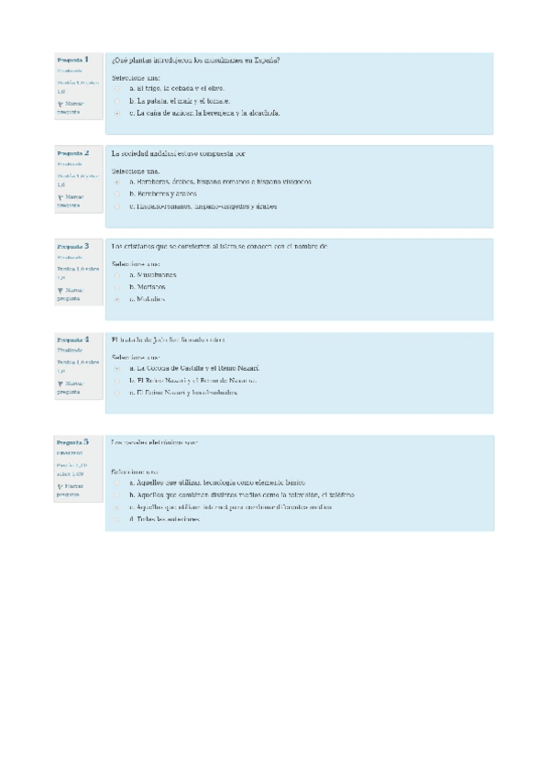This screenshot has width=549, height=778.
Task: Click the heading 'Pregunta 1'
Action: click(x=72, y=60)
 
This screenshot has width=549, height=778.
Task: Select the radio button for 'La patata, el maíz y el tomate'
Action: click(x=118, y=101)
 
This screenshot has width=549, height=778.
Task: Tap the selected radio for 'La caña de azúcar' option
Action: click(x=118, y=113)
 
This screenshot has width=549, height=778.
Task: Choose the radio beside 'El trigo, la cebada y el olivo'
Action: click(x=118, y=89)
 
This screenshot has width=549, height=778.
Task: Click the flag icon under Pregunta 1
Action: click(x=60, y=105)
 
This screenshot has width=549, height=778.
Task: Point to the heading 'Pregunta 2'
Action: click(x=72, y=153)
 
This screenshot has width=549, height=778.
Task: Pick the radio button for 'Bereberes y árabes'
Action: click(x=118, y=194)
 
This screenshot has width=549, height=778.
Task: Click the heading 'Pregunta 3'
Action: click(x=72, y=247)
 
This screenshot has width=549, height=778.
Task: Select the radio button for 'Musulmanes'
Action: click(x=118, y=275)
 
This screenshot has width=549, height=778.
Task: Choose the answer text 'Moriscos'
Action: click(x=148, y=287)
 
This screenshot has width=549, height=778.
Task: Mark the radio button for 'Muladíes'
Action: click(x=118, y=299)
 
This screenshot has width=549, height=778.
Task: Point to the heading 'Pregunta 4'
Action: click(x=72, y=339)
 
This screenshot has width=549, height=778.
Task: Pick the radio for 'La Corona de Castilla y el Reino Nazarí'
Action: click(x=118, y=368)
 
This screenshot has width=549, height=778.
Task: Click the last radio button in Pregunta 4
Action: click(x=118, y=392)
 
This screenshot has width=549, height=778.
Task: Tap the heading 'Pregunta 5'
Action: click(x=72, y=442)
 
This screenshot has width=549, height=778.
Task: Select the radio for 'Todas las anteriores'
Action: click(x=118, y=519)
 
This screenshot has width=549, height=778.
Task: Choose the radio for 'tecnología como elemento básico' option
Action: click(x=118, y=483)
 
